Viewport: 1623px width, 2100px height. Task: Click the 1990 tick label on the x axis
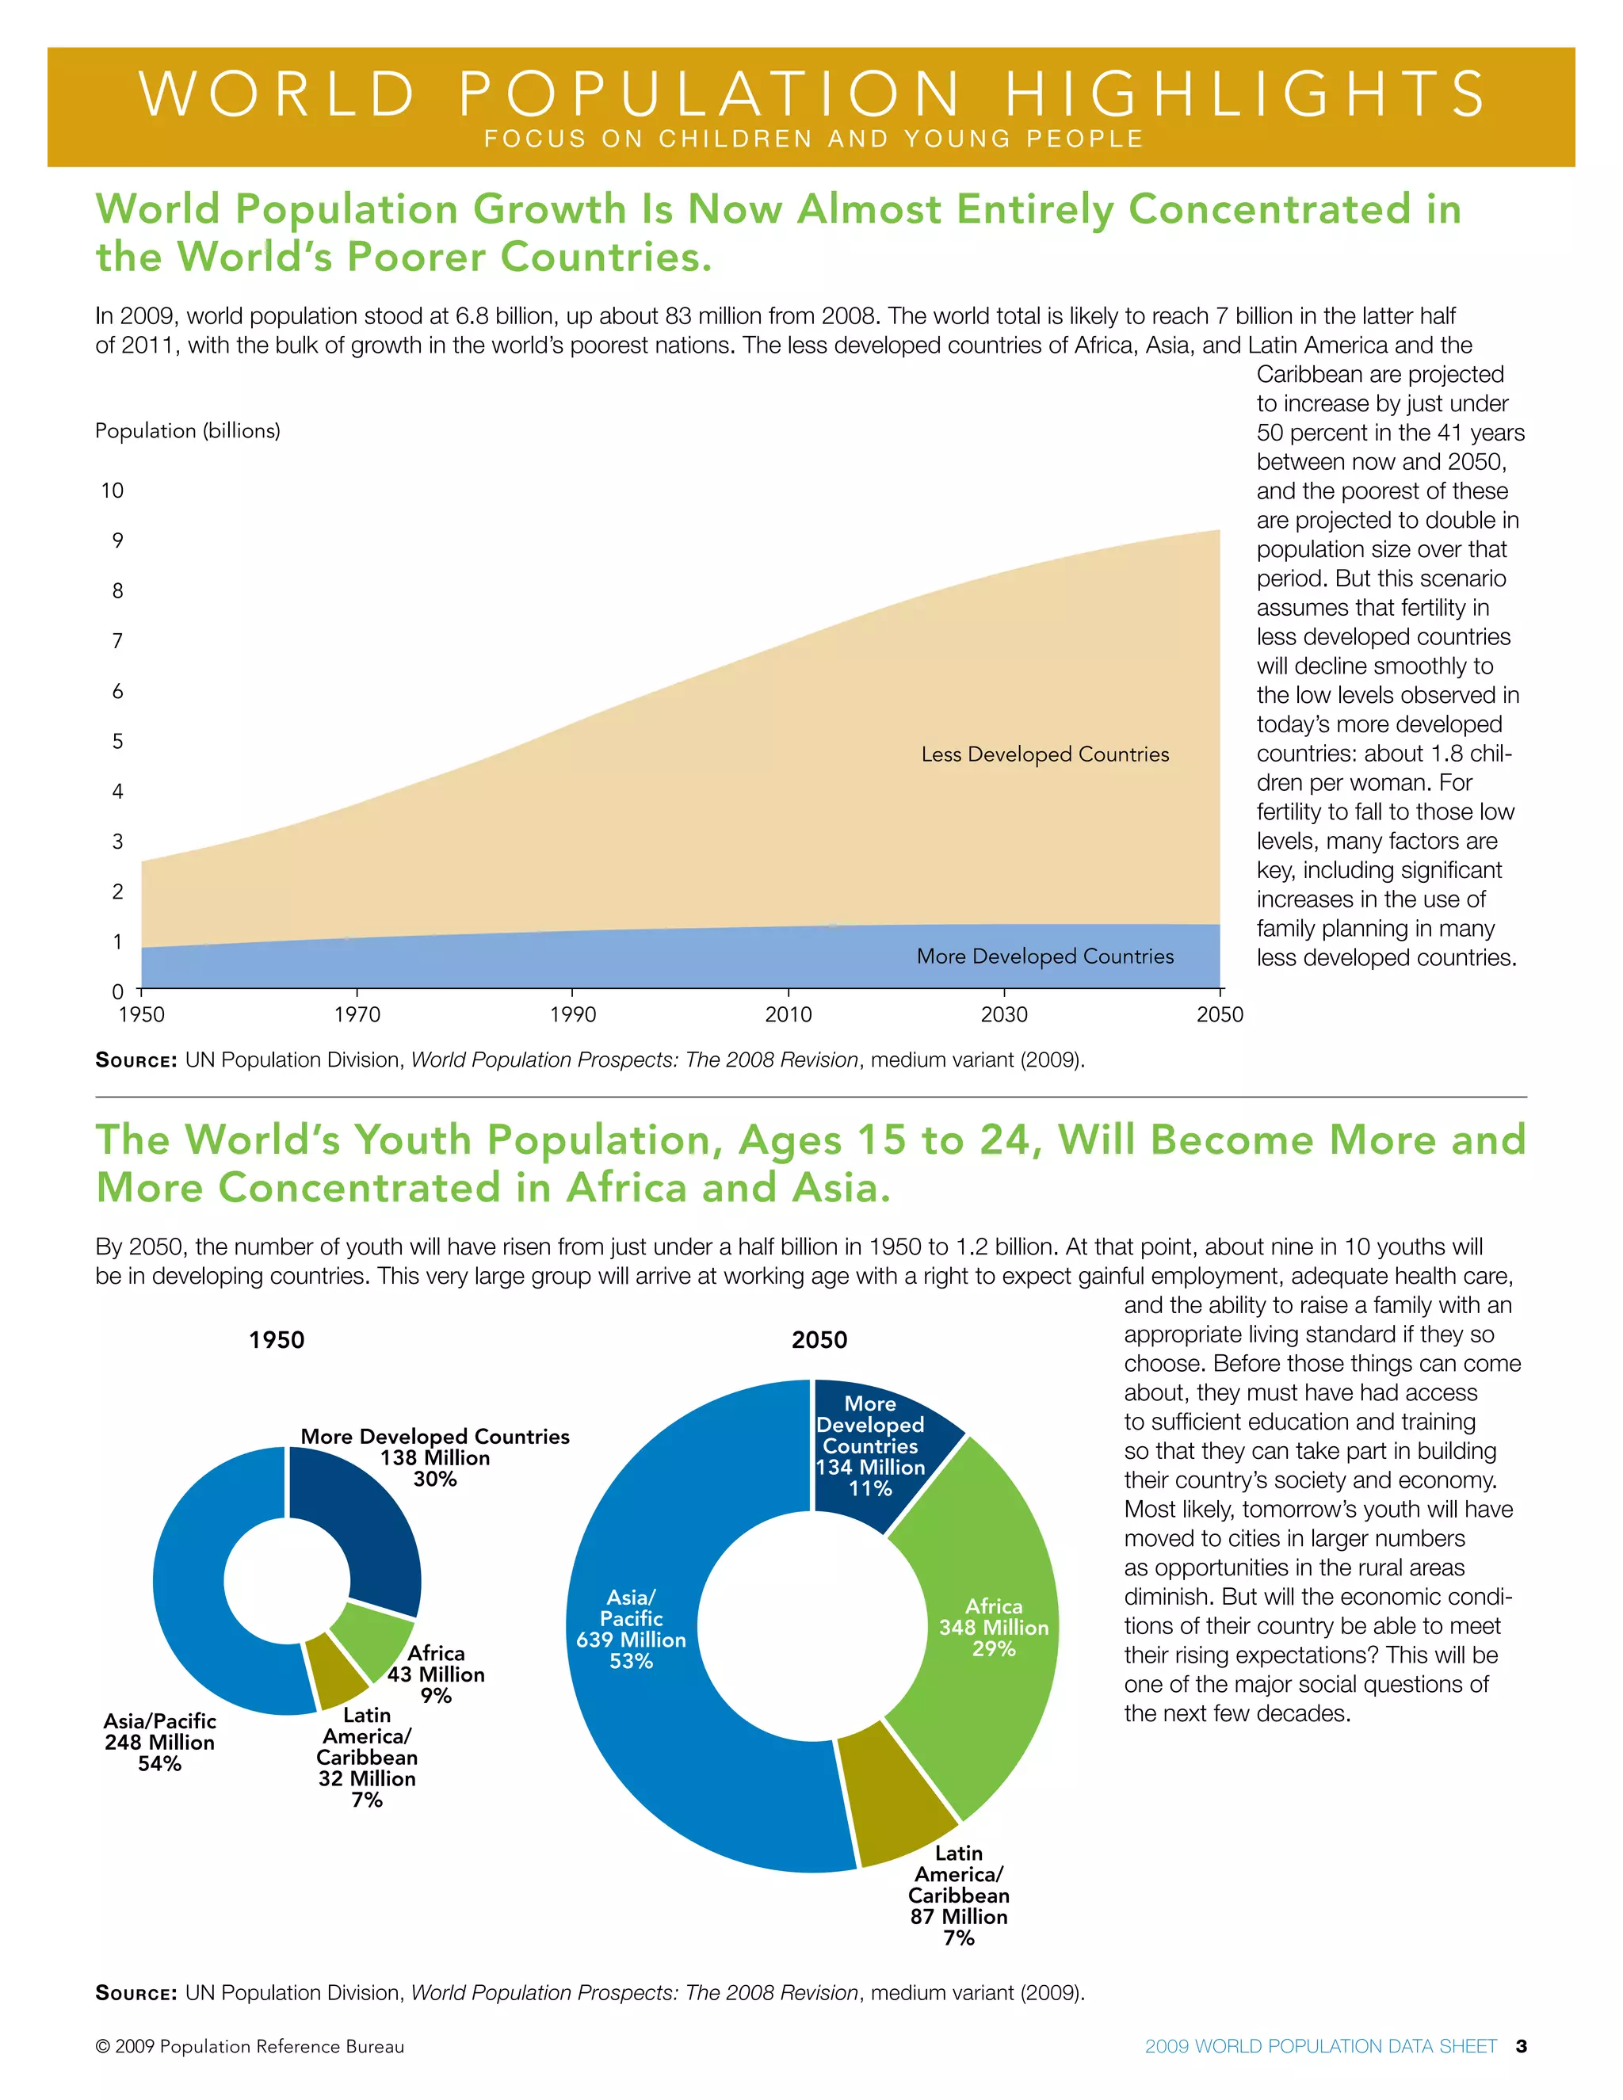(x=572, y=1014)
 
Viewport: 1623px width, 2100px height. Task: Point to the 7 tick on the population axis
(x=117, y=640)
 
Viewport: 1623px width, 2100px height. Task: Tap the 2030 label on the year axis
(x=1004, y=1014)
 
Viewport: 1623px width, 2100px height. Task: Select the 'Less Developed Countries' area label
(x=1045, y=754)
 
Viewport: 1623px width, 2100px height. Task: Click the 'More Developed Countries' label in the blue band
(x=1045, y=956)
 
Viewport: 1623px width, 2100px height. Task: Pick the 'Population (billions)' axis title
(x=188, y=431)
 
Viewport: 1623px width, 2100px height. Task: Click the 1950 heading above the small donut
(x=277, y=1339)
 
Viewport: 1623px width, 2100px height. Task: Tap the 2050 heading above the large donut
(x=819, y=1339)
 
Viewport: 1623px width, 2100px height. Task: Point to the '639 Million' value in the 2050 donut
(x=631, y=1640)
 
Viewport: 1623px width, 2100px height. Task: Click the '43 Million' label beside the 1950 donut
(x=436, y=1674)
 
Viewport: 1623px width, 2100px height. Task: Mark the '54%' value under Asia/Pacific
(x=159, y=1763)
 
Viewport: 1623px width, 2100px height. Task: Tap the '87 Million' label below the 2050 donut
(x=959, y=1916)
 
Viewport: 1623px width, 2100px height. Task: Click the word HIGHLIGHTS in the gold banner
(x=1245, y=94)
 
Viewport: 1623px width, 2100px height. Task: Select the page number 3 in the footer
(x=1521, y=2045)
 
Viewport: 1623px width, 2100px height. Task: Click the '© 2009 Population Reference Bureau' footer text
(x=250, y=2046)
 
